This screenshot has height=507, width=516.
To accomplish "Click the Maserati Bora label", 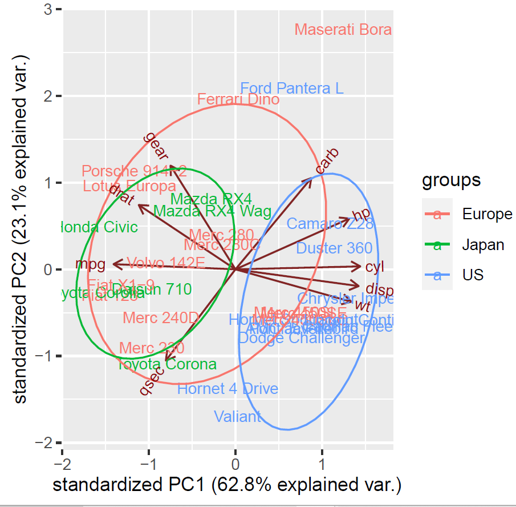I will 343,30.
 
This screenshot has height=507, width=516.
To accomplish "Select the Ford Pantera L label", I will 292,88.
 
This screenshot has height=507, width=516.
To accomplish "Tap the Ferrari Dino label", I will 238,100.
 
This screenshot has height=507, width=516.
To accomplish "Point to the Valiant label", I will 238,416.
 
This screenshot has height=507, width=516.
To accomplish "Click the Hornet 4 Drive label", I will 227,389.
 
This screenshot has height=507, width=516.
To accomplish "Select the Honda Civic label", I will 99,227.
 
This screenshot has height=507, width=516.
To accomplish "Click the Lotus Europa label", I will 129,186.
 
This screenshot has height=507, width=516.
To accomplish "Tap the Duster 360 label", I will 334,248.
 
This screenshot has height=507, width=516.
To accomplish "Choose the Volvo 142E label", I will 165,263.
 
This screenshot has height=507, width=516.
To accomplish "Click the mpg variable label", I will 91,264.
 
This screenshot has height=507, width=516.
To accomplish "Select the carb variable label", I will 327,161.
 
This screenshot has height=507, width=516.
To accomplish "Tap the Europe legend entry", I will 487,215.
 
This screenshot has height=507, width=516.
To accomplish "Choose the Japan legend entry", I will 483,245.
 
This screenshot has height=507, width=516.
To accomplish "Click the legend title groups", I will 451,180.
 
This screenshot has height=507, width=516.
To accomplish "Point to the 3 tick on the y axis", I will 50,10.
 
